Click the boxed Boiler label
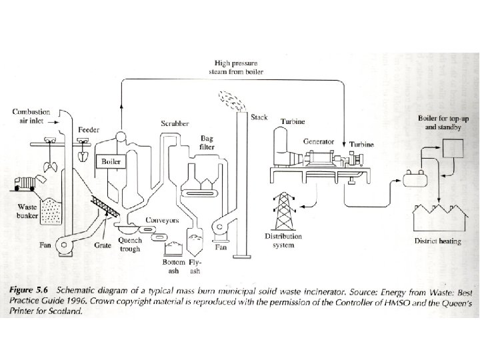[109, 161]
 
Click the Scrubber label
[174, 123]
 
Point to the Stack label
[259, 117]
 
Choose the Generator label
[319, 141]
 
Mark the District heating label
[438, 241]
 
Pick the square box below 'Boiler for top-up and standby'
[455, 146]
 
